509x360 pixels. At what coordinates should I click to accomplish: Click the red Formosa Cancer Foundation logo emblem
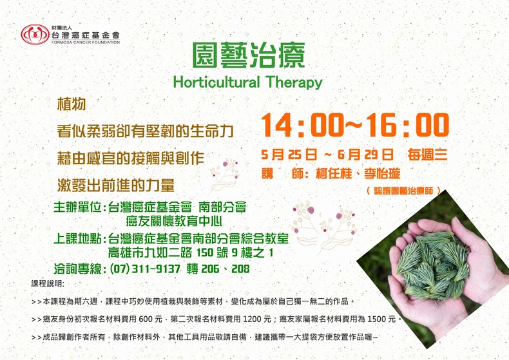pyautogui.click(x=35, y=34)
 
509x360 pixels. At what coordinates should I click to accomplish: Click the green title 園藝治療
pyautogui.click(x=249, y=55)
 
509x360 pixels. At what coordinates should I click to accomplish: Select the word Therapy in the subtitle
pyautogui.click(x=294, y=82)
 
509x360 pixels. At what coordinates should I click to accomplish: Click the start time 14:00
pyautogui.click(x=302, y=125)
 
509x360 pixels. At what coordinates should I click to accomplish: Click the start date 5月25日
pyautogui.click(x=289, y=155)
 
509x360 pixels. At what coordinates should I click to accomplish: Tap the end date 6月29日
pyautogui.click(x=365, y=155)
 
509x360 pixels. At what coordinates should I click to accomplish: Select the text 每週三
pyautogui.click(x=428, y=155)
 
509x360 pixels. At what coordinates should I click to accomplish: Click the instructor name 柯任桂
pyautogui.click(x=333, y=174)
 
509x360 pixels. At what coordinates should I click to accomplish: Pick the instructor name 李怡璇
pyautogui.click(x=382, y=174)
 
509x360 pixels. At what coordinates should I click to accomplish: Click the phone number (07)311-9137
pyautogui.click(x=145, y=269)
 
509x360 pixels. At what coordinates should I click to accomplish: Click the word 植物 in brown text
pyautogui.click(x=72, y=104)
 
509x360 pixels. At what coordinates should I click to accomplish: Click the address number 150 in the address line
pyautogui.click(x=205, y=252)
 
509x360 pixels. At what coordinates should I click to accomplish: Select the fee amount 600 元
pyautogui.click(x=150, y=319)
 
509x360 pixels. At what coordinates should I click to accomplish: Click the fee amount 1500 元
pyautogui.click(x=381, y=319)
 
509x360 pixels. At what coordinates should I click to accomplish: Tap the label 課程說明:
pyautogui.click(x=48, y=284)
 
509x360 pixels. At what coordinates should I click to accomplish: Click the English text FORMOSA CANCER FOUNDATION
pyautogui.click(x=86, y=42)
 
